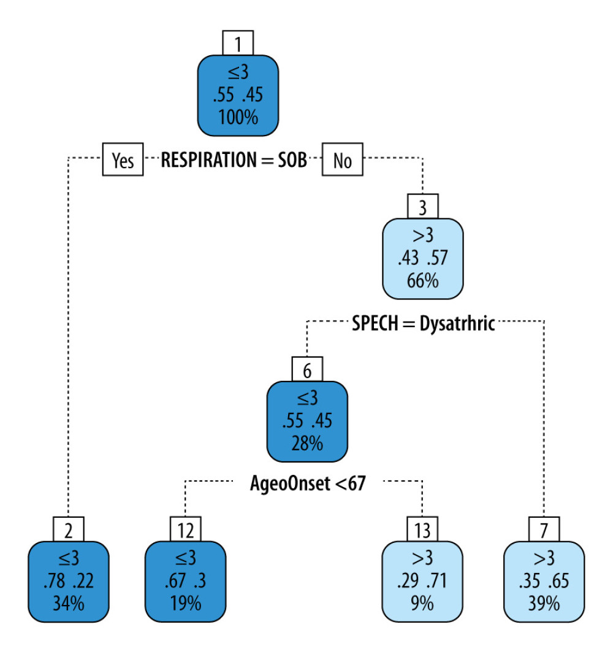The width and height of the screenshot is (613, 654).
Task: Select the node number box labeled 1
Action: (x=238, y=44)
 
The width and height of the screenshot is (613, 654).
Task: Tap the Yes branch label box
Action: (x=123, y=161)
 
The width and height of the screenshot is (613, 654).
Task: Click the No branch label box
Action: (x=343, y=161)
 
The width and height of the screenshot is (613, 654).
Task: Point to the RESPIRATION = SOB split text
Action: (x=234, y=161)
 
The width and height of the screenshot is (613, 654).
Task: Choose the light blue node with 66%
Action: (x=423, y=258)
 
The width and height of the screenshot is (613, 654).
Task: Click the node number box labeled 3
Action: (x=423, y=206)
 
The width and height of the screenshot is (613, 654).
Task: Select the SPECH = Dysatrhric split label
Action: (x=423, y=323)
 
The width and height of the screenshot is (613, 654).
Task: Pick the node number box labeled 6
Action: (x=308, y=369)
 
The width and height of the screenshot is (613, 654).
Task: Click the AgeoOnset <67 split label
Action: (x=308, y=483)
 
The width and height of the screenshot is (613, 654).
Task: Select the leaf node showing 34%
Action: (x=69, y=582)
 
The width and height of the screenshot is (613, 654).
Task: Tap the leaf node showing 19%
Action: (x=185, y=582)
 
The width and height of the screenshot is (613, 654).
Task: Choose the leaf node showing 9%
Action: (x=423, y=582)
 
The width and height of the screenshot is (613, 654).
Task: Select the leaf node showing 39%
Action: (x=544, y=582)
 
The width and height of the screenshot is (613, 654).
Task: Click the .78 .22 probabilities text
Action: (x=69, y=581)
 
